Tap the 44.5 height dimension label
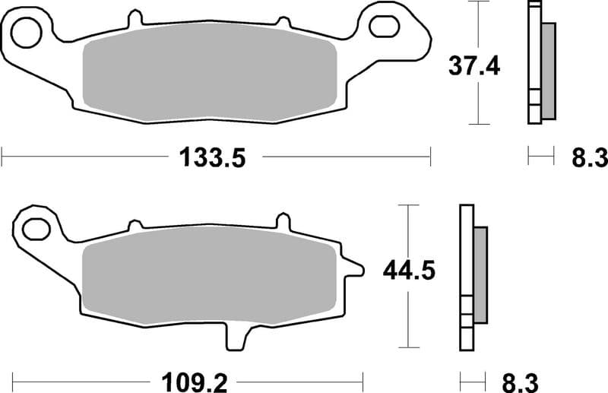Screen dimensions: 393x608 click(410, 270)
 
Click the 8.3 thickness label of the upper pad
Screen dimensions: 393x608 click(589, 158)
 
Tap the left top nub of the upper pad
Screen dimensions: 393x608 click(135, 17)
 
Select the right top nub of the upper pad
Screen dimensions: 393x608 click(283, 24)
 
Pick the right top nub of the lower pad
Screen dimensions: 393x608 click(283, 221)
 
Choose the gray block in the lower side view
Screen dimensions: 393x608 click(480, 274)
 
